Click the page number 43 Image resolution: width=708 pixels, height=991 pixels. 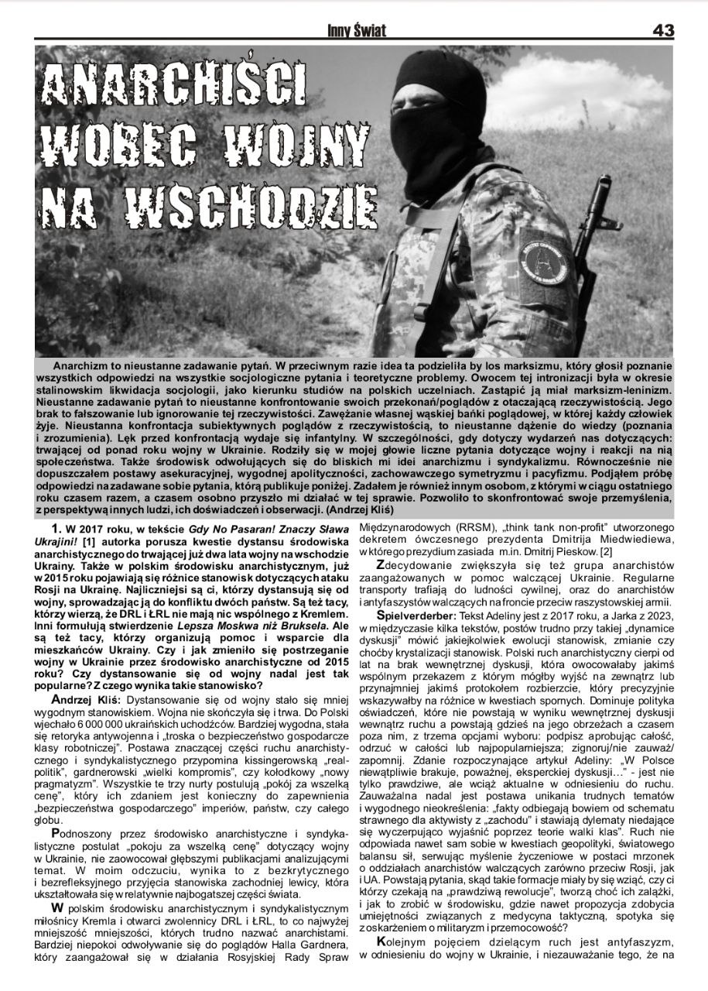pos(663,30)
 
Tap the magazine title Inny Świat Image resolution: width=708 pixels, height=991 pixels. pos(357,31)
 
